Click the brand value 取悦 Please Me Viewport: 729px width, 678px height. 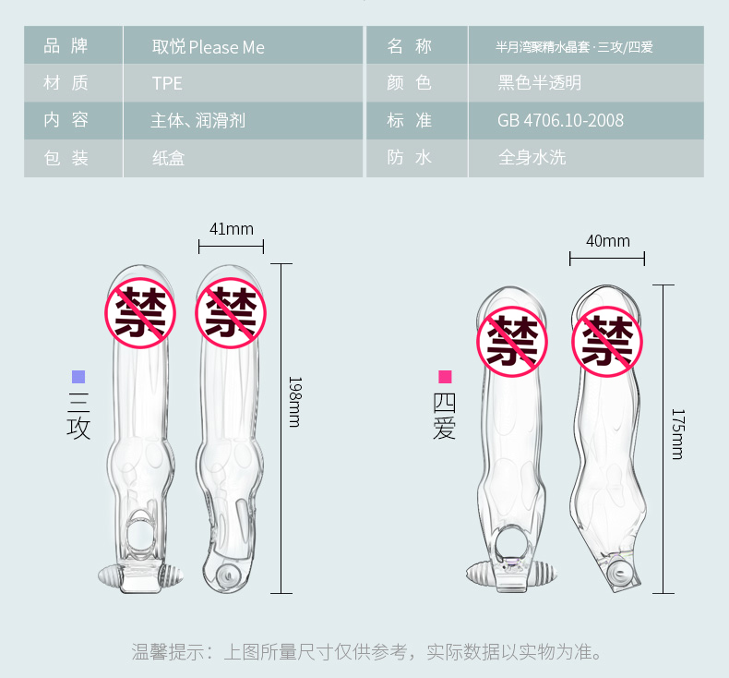point(208,47)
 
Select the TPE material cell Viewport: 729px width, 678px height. point(167,83)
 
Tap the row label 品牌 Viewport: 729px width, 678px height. point(66,47)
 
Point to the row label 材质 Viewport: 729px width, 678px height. point(66,83)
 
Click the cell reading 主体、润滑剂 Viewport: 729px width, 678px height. point(197,120)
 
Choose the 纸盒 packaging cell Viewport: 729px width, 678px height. point(168,157)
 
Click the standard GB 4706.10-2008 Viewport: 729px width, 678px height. point(560,120)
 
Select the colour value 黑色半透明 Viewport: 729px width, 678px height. point(540,83)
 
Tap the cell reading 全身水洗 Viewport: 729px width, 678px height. point(532,157)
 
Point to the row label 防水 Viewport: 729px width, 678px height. point(410,157)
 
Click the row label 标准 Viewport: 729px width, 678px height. point(410,120)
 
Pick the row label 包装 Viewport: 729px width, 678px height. point(66,157)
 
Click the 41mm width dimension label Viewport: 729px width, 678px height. point(231,229)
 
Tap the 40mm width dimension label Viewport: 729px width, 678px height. point(607,241)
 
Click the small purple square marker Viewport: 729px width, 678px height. point(78,377)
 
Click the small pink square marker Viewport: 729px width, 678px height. point(445,377)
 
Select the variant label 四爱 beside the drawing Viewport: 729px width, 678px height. point(445,417)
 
